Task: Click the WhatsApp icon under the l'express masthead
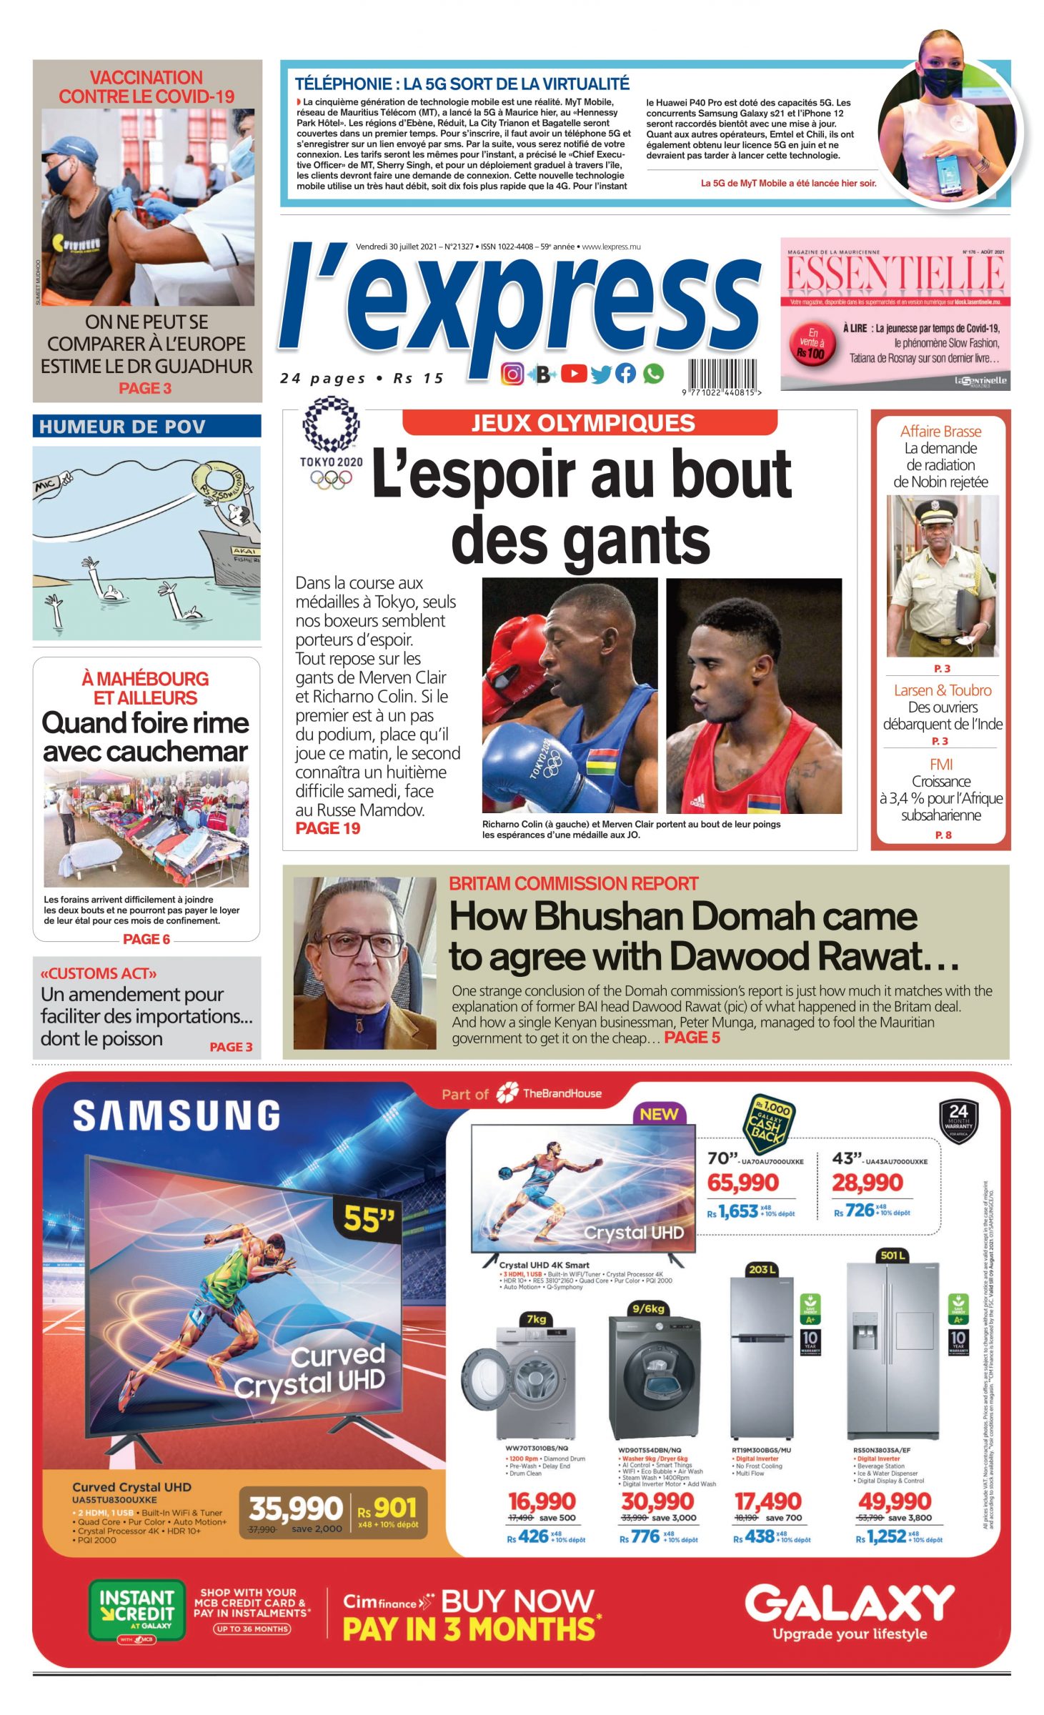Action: [x=652, y=373]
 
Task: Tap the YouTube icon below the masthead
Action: [x=573, y=373]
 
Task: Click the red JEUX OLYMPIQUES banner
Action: [x=589, y=423]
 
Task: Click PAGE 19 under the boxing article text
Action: [x=327, y=828]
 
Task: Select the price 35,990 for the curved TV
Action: [x=295, y=1508]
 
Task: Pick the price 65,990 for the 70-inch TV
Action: [x=743, y=1183]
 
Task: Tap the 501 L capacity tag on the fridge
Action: [x=893, y=1255]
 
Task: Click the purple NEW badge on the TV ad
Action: [x=659, y=1114]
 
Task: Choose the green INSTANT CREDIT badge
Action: [x=136, y=1610]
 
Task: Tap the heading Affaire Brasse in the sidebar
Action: [x=940, y=432]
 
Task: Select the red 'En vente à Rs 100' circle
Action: [x=811, y=344]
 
